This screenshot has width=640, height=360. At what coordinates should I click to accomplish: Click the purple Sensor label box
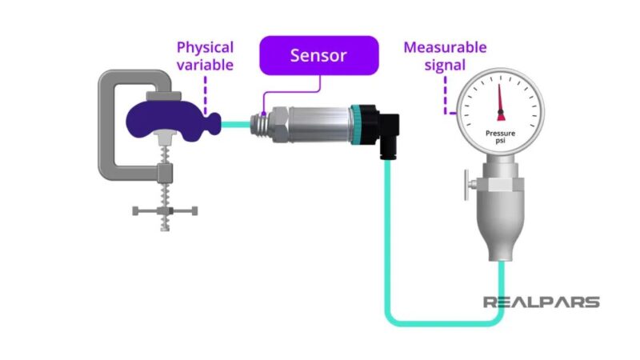319,55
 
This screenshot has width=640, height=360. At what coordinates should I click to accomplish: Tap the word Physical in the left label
205,47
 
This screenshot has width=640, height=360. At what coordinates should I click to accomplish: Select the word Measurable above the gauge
445,47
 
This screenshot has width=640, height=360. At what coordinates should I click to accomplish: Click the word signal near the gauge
445,65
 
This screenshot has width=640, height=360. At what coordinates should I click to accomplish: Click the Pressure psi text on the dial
502,138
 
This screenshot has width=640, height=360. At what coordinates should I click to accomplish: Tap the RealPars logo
541,302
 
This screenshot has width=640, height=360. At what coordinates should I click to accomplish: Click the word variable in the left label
205,65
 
